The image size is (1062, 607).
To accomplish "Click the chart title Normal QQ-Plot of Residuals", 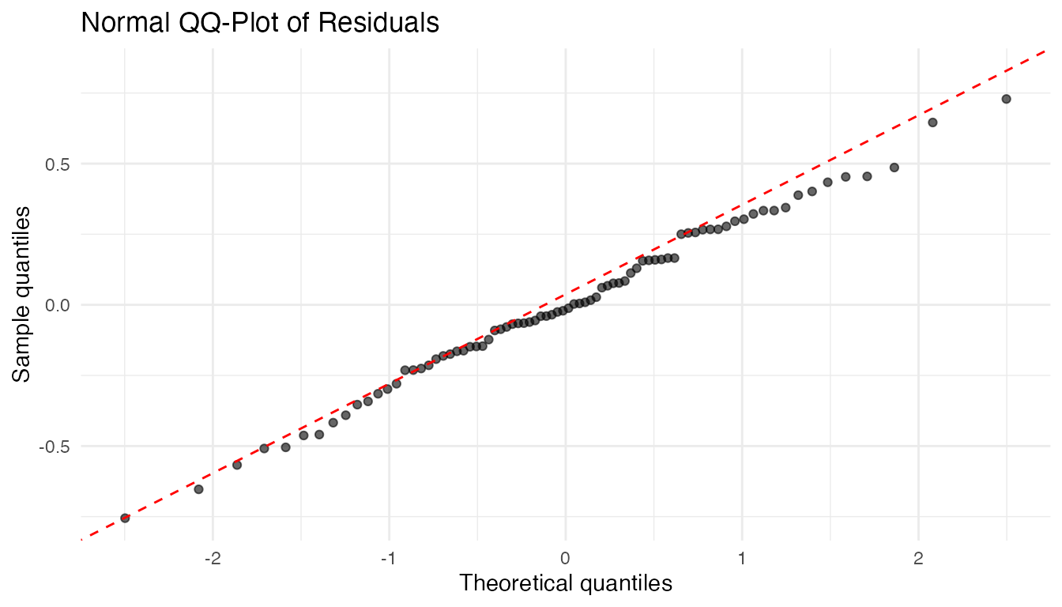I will (260, 23).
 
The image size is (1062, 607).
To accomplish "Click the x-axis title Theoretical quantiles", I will (565, 584).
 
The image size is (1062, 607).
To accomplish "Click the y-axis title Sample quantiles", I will (23, 294).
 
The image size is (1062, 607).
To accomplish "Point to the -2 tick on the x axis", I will (213, 559).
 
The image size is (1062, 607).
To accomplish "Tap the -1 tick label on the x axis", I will (389, 559).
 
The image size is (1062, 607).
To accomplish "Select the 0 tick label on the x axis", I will (565, 559).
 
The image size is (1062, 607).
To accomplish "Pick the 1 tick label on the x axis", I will (742, 559).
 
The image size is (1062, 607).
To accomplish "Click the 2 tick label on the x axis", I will (918, 559).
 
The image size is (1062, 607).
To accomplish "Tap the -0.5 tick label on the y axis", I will (55, 446).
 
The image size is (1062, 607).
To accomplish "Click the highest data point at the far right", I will (1006, 99).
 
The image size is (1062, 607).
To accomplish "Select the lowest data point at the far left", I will (125, 518).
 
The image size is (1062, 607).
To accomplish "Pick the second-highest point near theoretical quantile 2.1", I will (932, 123).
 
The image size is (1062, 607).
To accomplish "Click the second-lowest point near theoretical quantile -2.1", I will (198, 489).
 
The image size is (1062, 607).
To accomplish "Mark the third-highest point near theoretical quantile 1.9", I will (894, 168).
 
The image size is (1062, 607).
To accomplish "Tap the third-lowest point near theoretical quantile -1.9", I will (236, 465).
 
